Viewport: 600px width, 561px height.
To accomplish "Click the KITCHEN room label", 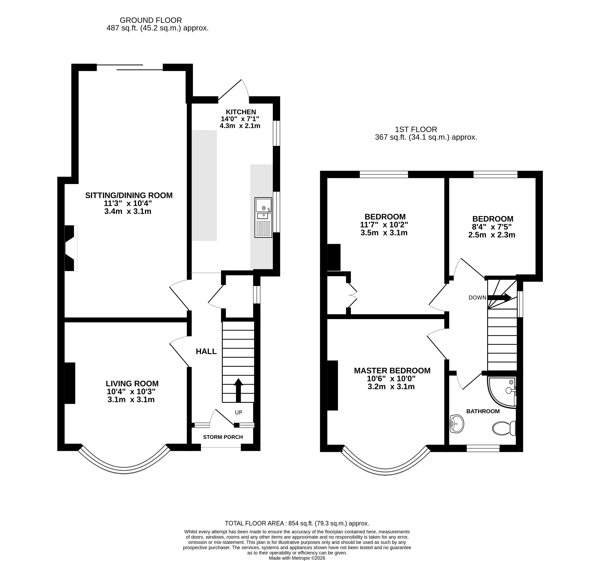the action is (241, 112).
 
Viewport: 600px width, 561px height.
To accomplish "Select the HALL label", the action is (206, 351).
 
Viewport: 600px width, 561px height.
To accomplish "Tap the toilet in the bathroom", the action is (504, 428).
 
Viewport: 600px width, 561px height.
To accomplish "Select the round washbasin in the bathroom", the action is (457, 424).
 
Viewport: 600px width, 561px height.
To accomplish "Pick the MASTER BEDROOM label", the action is (392, 370).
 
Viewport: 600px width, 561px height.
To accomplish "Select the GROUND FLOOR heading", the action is (151, 20).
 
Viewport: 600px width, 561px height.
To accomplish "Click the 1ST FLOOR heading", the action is (416, 130).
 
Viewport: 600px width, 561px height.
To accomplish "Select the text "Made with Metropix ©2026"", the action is (297, 558).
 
